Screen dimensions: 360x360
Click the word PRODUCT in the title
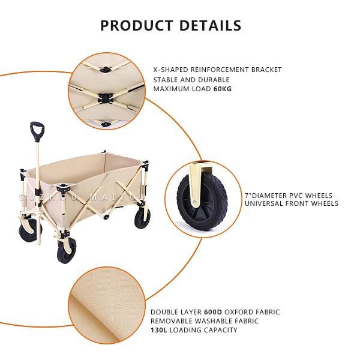point(137,25)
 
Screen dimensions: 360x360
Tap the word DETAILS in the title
point(210,25)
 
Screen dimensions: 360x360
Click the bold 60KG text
point(223,89)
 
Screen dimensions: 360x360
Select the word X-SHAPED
point(170,70)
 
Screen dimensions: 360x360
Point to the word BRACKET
point(266,70)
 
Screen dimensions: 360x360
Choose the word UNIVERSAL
point(263,203)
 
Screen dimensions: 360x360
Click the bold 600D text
point(213,312)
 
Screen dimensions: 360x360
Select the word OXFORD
point(238,312)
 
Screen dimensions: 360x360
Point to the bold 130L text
point(159,330)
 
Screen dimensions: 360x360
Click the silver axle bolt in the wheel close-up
point(194,202)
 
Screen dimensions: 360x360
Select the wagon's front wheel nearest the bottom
point(67,250)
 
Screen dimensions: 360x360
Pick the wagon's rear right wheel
point(142,218)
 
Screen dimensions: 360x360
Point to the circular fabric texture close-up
point(107,305)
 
